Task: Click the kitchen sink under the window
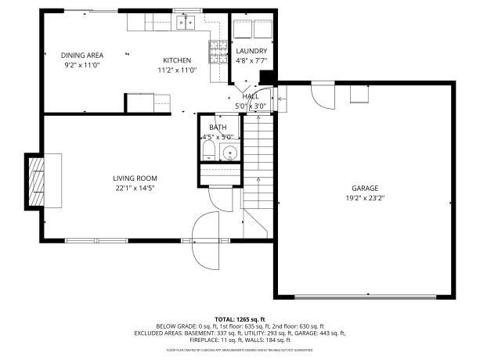coord(185,23)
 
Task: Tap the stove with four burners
coord(216,52)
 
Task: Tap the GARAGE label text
coord(365,189)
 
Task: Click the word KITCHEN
coord(177,60)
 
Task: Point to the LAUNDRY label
coord(251,51)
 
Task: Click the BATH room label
coord(218,127)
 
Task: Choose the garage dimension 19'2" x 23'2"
coord(365,198)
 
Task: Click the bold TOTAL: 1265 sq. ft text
coord(240,319)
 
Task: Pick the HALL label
coord(251,96)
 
